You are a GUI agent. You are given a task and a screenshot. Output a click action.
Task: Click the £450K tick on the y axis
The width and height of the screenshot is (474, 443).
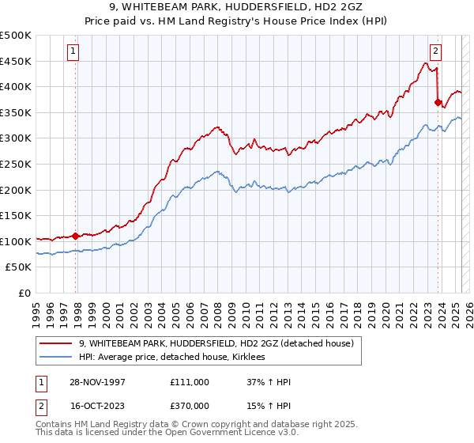pos(16,61)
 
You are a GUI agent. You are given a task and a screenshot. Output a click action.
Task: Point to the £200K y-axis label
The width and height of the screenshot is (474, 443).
pos(16,190)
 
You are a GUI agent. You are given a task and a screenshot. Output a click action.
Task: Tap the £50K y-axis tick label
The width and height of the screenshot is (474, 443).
pos(19,267)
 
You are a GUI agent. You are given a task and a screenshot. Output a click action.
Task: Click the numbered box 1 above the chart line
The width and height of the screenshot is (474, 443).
pos(73,52)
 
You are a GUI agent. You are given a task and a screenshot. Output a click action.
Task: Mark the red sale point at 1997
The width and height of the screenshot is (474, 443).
pos(76,236)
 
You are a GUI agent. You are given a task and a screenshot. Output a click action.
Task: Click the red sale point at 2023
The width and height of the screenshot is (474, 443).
pos(438,102)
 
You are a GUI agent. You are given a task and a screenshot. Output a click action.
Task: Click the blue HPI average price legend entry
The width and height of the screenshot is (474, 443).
pos(172,358)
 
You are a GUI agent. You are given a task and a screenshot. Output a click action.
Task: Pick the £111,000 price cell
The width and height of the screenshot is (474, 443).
pos(190,382)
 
